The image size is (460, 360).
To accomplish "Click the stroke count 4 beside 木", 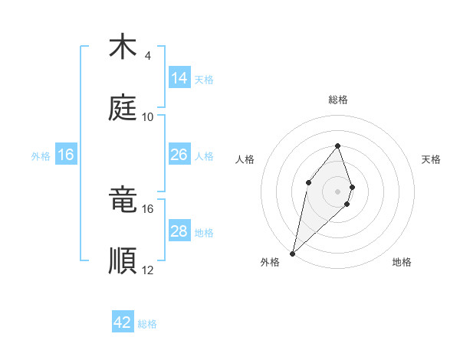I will pyautogui.click(x=147, y=56).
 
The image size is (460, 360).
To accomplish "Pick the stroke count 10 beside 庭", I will pyautogui.click(x=148, y=116).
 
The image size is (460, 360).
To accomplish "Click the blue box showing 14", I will pyautogui.click(x=179, y=77).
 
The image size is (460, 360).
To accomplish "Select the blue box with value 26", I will pyautogui.click(x=179, y=155).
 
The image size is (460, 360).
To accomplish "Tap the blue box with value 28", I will pyautogui.click(x=179, y=231).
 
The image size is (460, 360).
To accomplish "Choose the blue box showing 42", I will pyautogui.click(x=123, y=322).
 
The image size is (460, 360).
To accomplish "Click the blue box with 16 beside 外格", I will pyautogui.click(x=66, y=155).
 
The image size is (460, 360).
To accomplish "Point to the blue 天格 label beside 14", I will pyautogui.click(x=204, y=79).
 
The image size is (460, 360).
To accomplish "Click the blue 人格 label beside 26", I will pyautogui.click(x=204, y=155).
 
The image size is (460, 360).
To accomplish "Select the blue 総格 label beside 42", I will pyautogui.click(x=147, y=324).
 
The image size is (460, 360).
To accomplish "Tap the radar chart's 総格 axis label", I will pyautogui.click(x=338, y=100).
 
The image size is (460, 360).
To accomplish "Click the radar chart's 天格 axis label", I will pyautogui.click(x=432, y=159).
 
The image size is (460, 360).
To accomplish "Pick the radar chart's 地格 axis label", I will pyautogui.click(x=402, y=262).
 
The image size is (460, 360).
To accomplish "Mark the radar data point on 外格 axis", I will pyautogui.click(x=293, y=253).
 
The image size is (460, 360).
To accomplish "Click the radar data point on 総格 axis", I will pyautogui.click(x=338, y=146).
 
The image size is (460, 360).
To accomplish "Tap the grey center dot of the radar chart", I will pyautogui.click(x=338, y=191).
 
